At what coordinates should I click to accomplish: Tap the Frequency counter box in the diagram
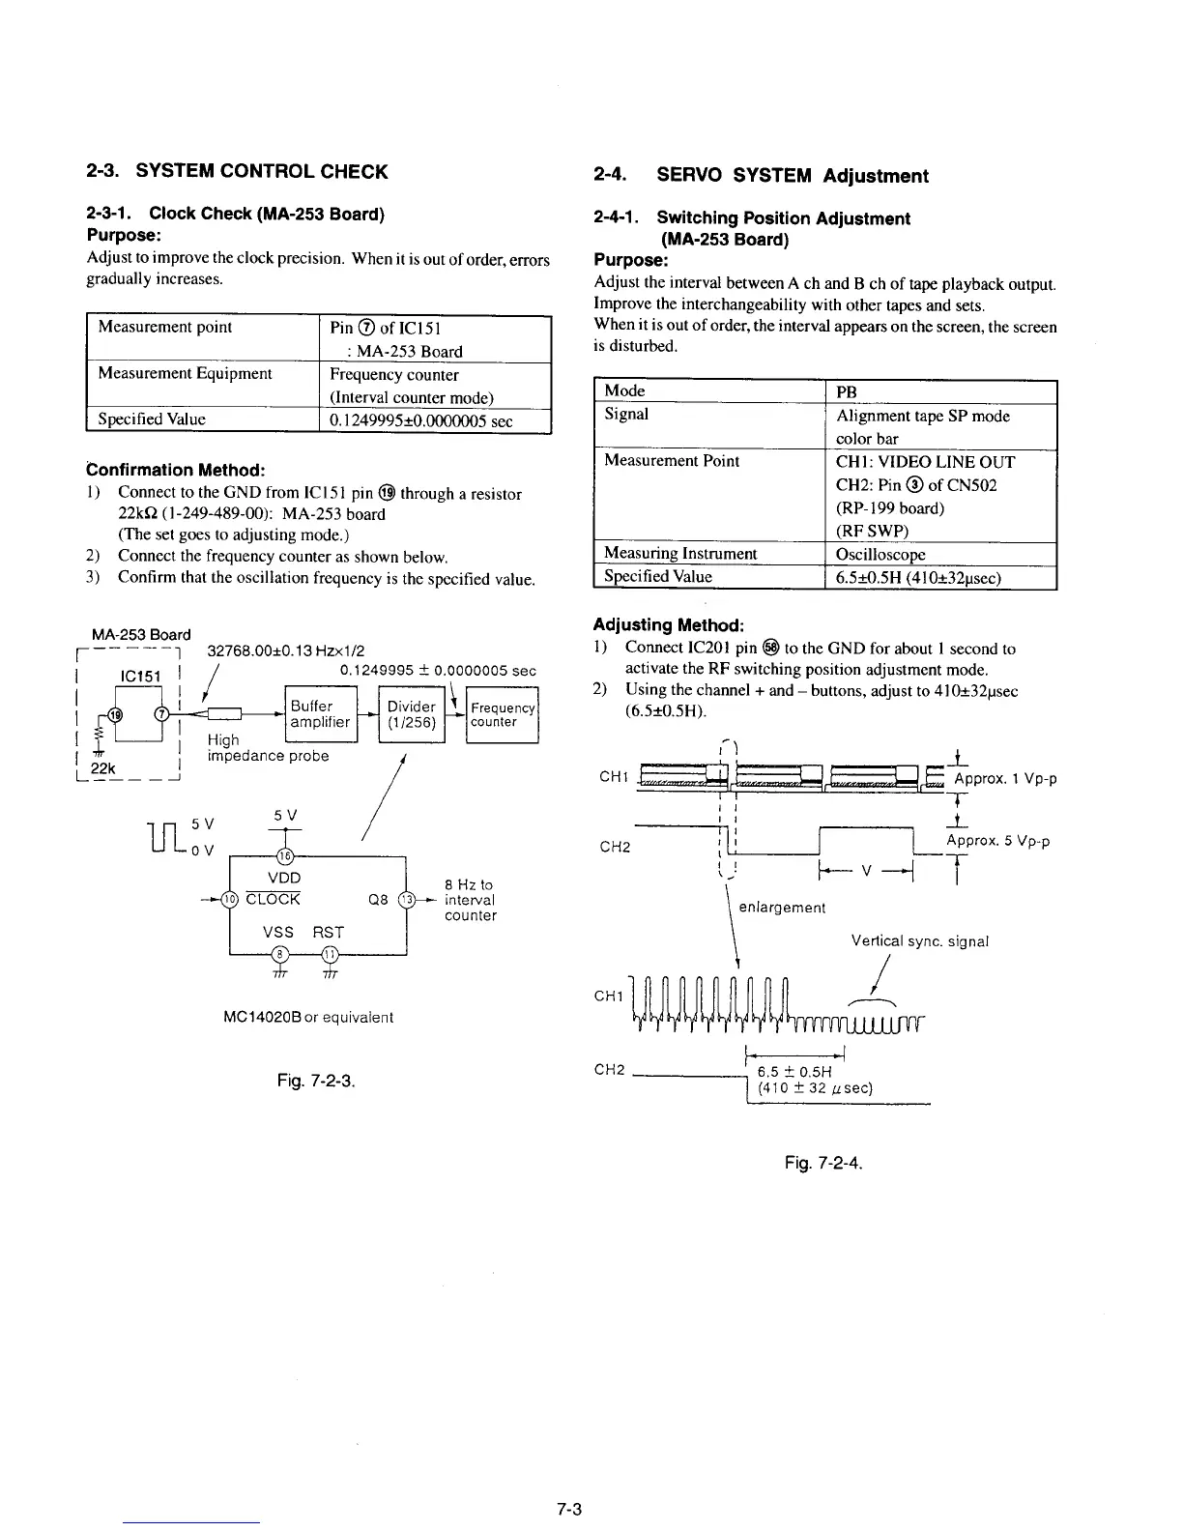[503, 714]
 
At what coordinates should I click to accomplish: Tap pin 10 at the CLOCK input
[230, 899]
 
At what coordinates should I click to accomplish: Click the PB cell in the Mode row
[847, 391]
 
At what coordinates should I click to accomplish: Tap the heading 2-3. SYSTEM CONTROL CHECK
[237, 172]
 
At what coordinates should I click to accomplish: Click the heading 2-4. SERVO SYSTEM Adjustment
[761, 176]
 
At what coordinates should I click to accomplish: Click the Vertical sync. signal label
[919, 940]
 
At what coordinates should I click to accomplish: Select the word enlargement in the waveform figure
[782, 908]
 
